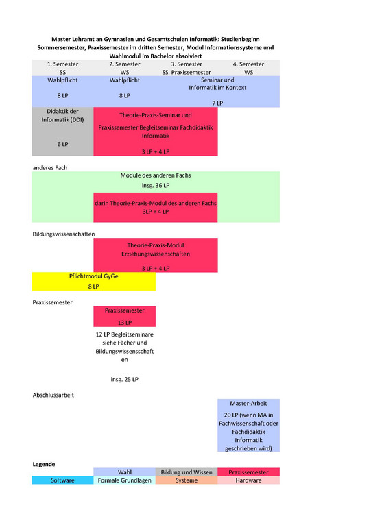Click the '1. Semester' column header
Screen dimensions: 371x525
point(62,64)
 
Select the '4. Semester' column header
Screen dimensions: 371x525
point(248,64)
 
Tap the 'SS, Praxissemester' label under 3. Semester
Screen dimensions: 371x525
point(187,73)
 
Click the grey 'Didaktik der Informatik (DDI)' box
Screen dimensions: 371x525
point(62,132)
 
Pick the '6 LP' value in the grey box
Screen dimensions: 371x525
point(62,144)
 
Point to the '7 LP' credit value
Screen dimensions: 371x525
point(217,103)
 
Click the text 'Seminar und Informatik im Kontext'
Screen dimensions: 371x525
point(217,84)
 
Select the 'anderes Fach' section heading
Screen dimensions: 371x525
point(50,167)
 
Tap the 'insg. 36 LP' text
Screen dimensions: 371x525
point(156,185)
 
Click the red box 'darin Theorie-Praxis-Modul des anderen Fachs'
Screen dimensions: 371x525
point(156,207)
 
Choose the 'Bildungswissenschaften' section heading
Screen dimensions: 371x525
point(64,234)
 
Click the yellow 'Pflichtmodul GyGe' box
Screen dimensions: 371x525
point(93,281)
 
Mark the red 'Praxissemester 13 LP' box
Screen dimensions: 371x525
point(124,317)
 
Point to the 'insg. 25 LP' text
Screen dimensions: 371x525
point(124,379)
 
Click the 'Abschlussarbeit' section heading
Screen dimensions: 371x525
point(53,395)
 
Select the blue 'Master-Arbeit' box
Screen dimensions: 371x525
point(248,425)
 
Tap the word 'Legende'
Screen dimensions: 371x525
point(44,464)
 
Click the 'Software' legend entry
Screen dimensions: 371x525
point(62,480)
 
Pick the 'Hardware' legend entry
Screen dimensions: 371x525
point(248,480)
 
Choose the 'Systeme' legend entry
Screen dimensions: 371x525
point(187,480)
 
